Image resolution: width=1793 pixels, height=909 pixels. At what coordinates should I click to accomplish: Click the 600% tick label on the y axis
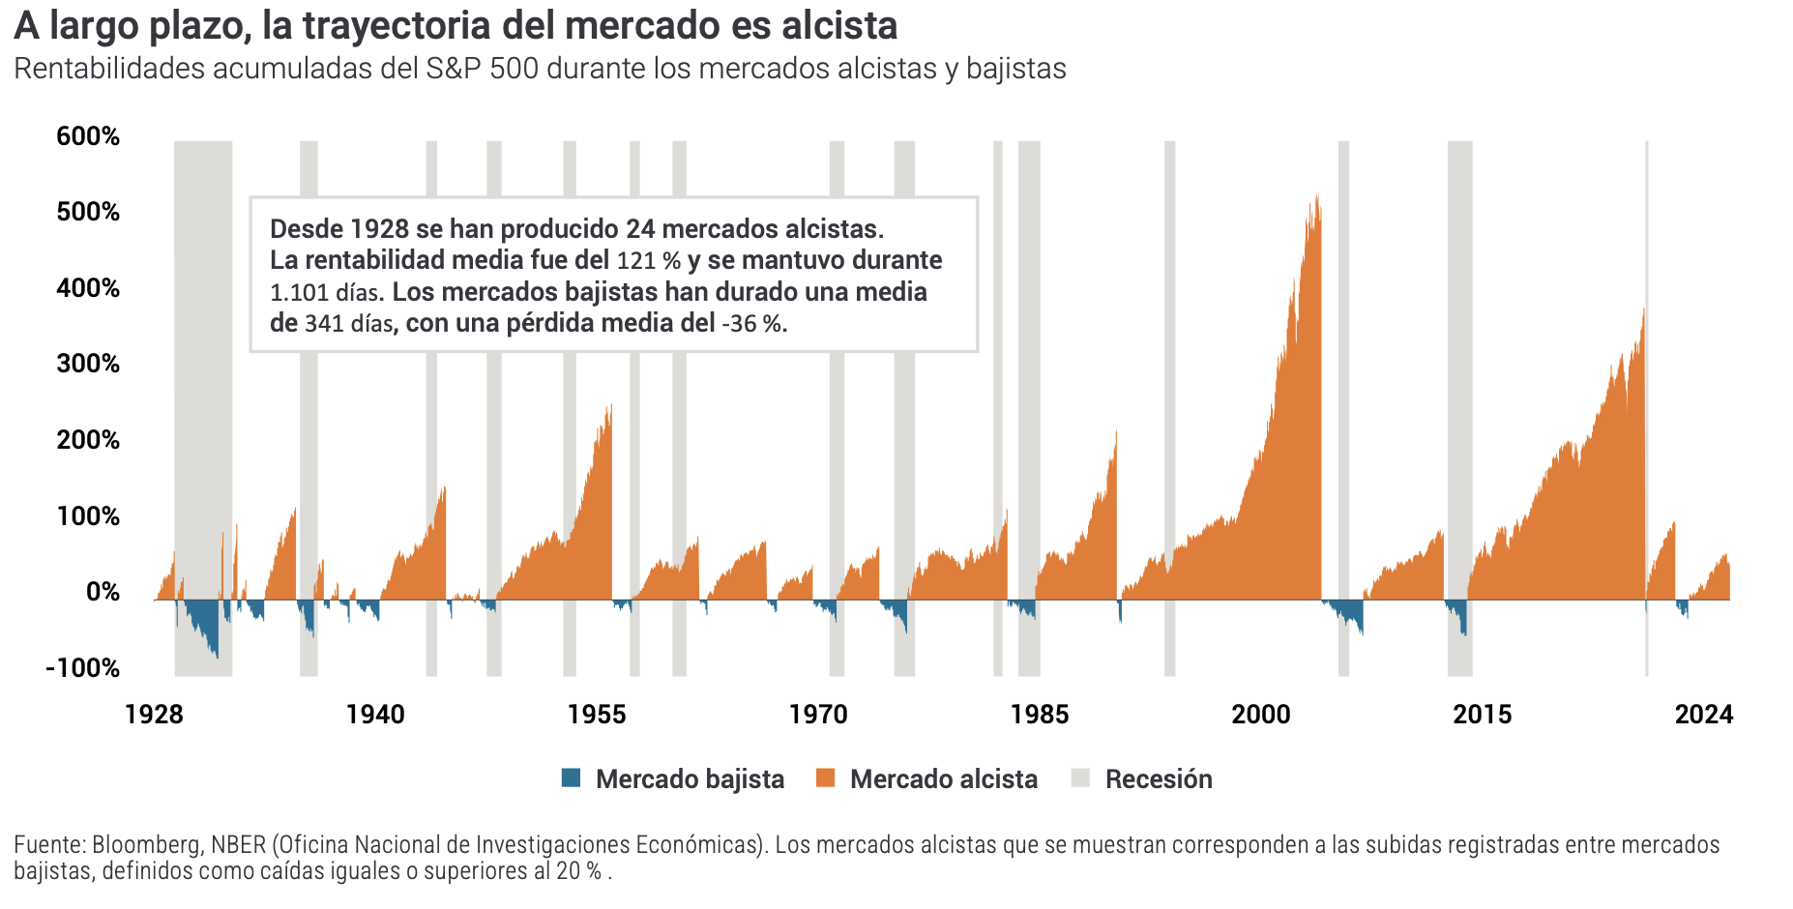point(88,136)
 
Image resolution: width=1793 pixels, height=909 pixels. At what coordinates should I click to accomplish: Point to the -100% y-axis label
point(83,668)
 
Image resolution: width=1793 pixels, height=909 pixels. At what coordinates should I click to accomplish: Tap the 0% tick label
point(103,592)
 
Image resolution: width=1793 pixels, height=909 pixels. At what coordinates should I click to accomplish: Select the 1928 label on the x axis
point(154,715)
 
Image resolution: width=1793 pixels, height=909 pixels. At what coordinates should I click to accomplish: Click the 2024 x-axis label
point(1704,715)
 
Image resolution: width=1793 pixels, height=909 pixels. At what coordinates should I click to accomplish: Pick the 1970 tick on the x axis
point(818,715)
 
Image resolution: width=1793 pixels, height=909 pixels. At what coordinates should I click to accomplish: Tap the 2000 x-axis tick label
point(1261,715)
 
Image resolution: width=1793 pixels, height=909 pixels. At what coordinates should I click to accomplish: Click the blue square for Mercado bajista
point(572,778)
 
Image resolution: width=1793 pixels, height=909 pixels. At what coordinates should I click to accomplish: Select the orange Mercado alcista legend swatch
point(825,778)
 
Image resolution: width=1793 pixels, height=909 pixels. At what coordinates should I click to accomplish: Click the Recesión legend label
point(1159,779)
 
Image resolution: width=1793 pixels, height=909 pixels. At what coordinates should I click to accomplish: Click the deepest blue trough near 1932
point(217,655)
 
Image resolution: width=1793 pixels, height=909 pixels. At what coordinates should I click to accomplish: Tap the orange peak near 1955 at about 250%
point(610,407)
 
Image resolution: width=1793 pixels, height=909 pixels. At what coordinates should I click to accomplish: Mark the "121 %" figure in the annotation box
point(649,261)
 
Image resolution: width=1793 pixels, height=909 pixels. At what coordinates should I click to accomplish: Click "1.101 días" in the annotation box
point(327,292)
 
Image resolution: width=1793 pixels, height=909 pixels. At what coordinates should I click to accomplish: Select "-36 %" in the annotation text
point(751,324)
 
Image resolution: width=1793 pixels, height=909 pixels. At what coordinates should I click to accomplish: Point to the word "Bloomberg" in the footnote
point(147,844)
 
